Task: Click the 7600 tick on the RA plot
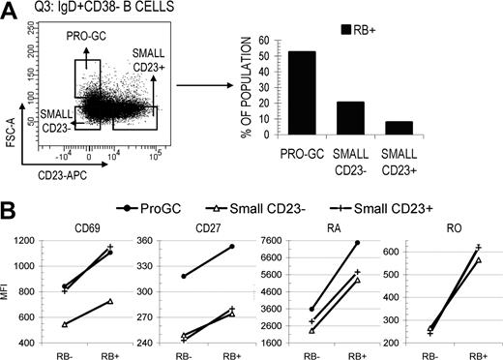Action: click(285, 242)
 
